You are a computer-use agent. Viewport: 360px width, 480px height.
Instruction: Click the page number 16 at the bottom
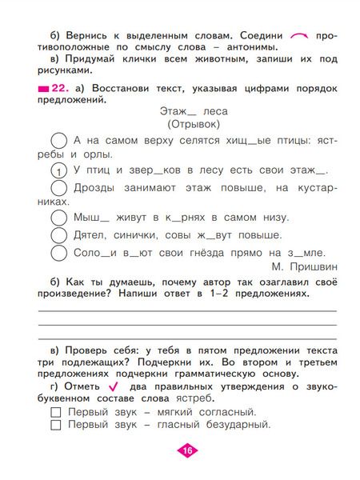click(186, 450)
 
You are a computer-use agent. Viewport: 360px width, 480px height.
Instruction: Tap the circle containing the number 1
click(58, 170)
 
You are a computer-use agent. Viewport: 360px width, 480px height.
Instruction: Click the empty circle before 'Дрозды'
click(58, 188)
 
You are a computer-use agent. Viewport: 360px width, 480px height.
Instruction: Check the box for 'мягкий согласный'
click(56, 412)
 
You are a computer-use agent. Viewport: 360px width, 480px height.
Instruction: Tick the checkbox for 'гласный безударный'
click(56, 426)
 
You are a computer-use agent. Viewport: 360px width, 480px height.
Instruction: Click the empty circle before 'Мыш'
click(58, 217)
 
